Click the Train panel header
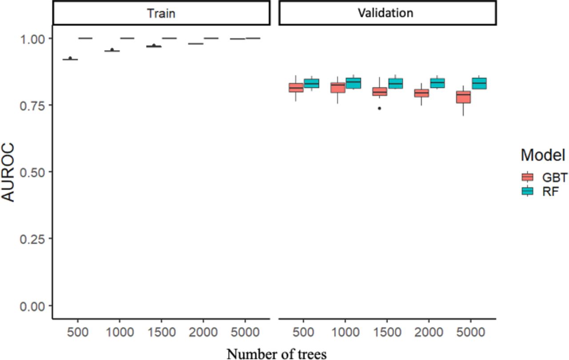pos(161,13)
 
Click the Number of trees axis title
pos(276,353)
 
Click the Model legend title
pos(543,155)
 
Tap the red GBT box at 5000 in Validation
pos(464,97)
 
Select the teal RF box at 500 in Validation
pos(312,84)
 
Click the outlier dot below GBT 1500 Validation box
pos(380,108)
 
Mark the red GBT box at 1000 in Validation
pos(338,88)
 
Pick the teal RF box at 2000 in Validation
pos(437,83)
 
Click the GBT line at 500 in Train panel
pos(70,59)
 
